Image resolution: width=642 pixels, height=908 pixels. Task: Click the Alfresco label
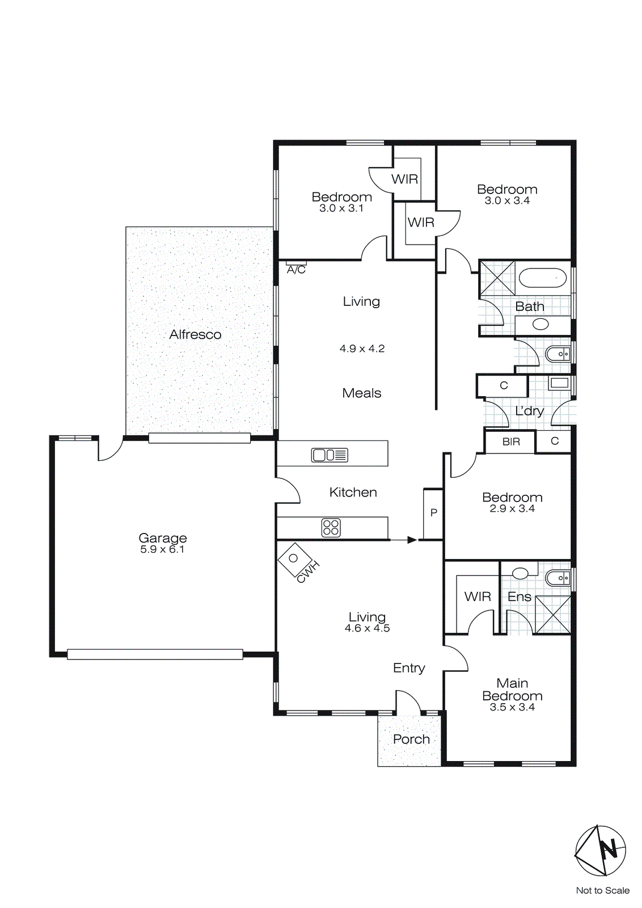[195, 334]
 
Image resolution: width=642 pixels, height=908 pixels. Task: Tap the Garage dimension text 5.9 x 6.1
[162, 549]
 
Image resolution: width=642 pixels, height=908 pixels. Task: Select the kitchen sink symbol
[330, 455]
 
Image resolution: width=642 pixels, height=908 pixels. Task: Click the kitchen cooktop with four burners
[331, 528]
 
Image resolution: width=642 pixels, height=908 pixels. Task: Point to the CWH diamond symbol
[293, 558]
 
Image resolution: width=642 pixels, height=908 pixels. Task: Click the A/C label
[296, 270]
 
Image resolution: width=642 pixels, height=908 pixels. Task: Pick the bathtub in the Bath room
[543, 278]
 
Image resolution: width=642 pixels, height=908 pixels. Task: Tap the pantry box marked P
[433, 513]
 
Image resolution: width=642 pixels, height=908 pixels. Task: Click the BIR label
[511, 442]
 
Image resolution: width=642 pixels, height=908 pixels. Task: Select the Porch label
[411, 739]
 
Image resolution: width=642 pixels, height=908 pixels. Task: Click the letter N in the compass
[609, 850]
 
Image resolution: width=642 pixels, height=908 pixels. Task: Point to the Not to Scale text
[602, 890]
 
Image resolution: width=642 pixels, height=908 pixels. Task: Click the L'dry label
[529, 411]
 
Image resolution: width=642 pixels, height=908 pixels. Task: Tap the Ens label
[519, 596]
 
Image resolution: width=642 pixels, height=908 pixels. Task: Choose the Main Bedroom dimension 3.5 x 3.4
[512, 707]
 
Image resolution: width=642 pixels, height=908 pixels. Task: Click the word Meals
[361, 393]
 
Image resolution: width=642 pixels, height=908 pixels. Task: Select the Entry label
[409, 668]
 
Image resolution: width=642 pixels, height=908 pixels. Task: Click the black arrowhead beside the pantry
[412, 540]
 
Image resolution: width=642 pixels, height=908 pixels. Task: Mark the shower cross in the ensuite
[552, 615]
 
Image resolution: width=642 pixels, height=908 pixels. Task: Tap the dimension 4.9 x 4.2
[362, 348]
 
